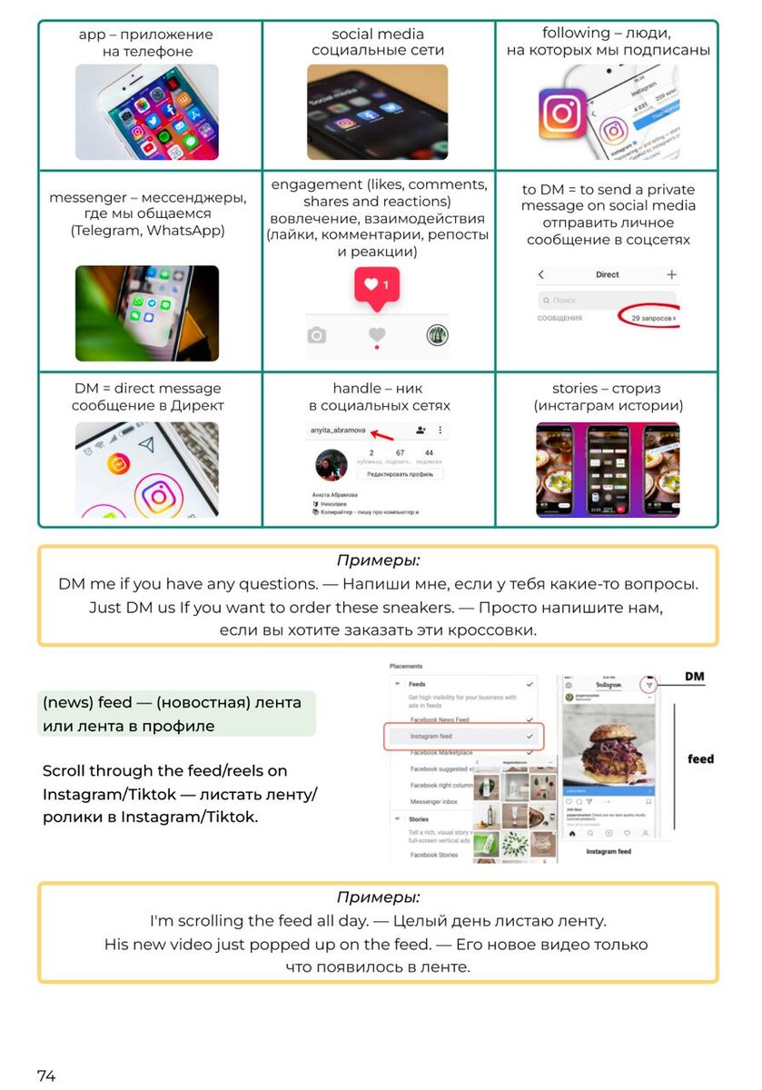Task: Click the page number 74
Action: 46,1075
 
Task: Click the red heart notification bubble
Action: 376,285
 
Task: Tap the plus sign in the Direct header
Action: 672,273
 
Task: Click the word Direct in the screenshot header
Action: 607,273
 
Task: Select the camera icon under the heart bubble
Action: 316,335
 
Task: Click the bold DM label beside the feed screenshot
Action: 695,677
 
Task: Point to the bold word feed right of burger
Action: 700,758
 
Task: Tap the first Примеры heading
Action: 378,560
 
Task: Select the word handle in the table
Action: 355,389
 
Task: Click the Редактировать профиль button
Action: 400,474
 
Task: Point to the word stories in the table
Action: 575,389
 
